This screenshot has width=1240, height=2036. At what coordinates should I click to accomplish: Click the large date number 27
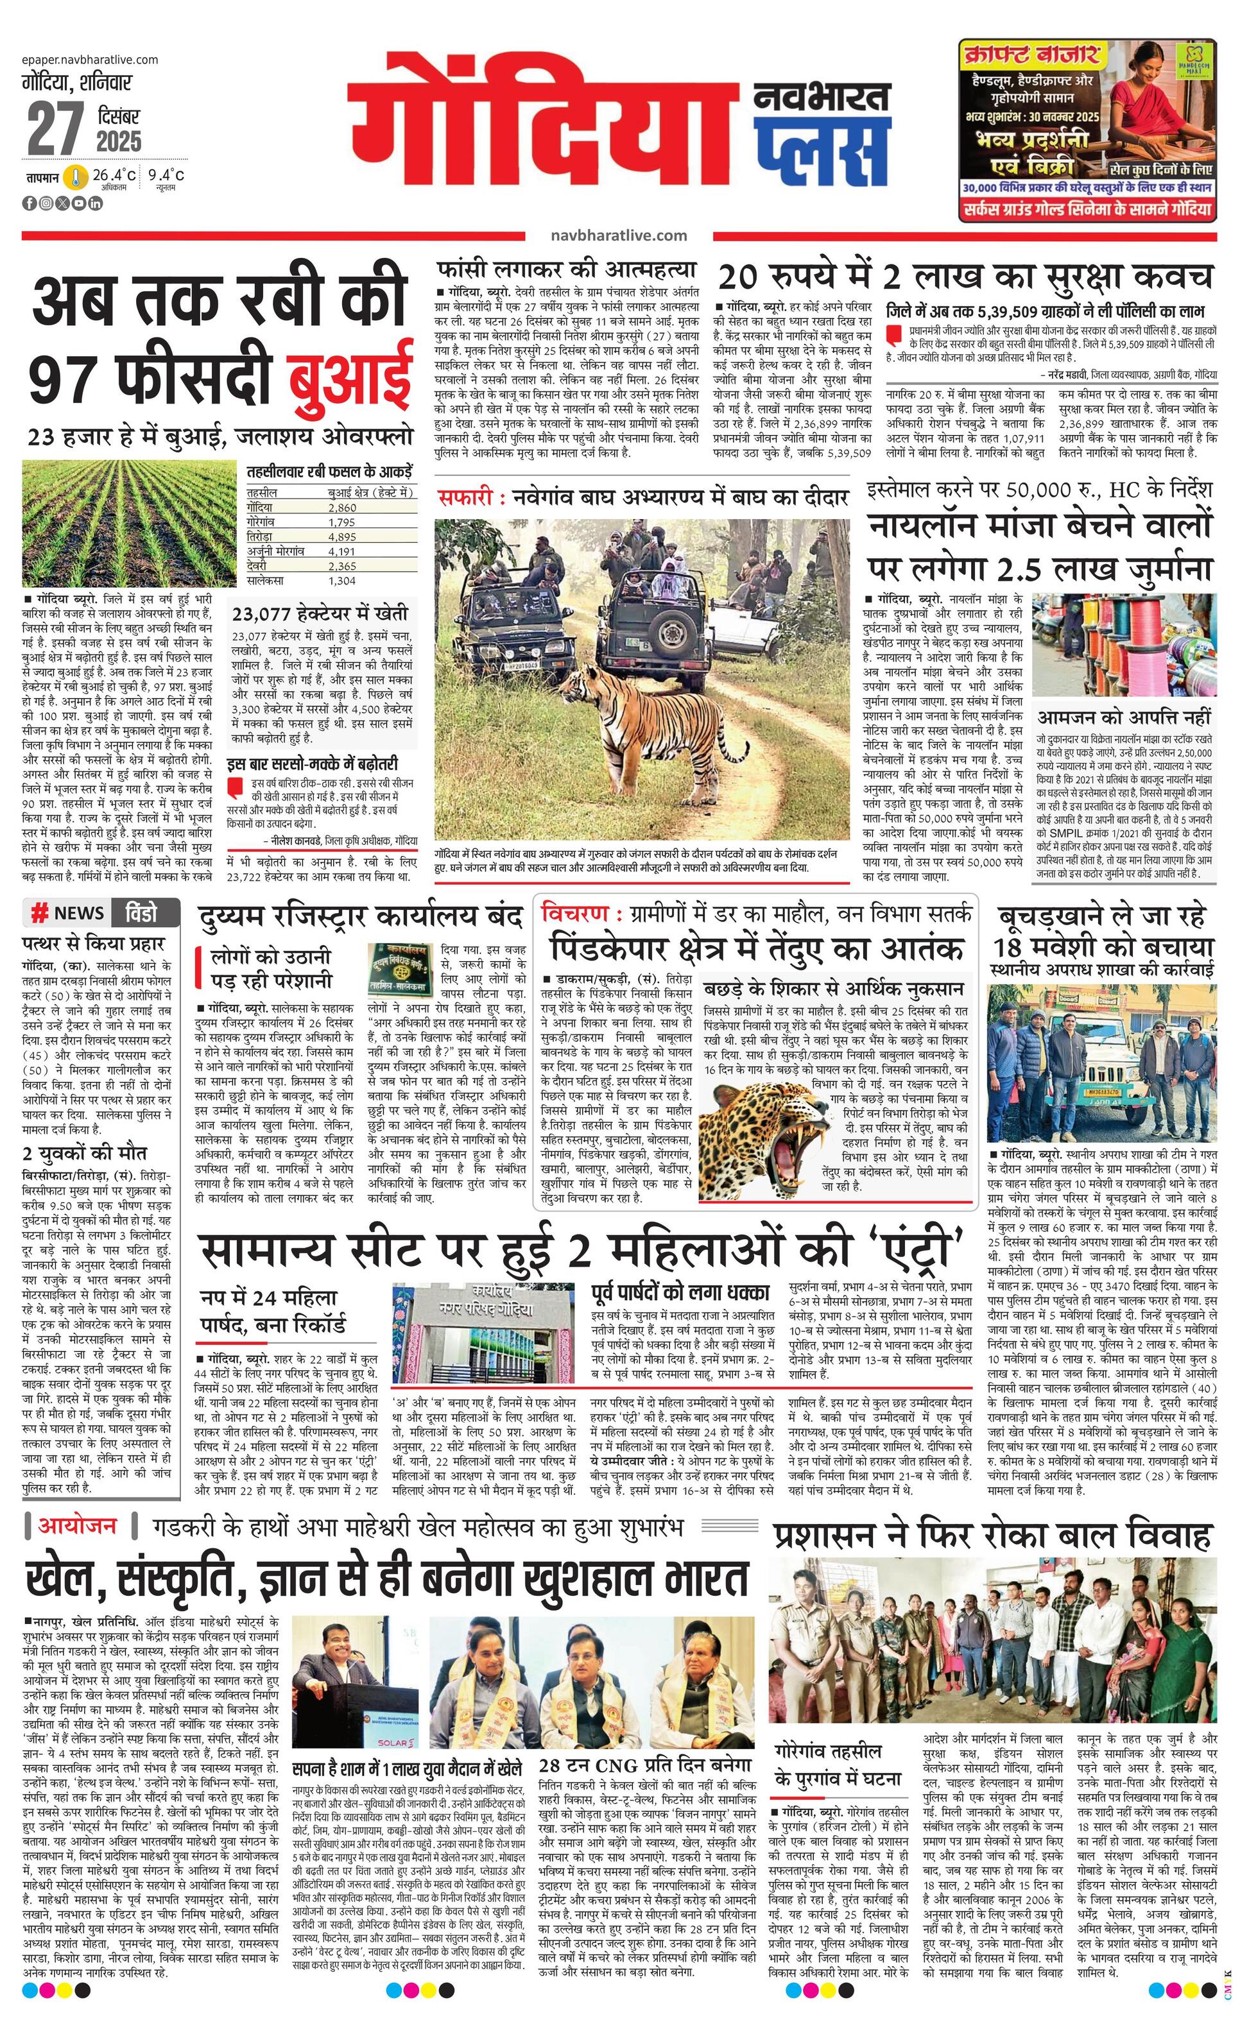pos(55,130)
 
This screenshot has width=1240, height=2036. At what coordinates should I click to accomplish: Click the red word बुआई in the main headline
pos(350,379)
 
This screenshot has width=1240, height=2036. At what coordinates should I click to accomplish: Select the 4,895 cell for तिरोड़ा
pos(342,535)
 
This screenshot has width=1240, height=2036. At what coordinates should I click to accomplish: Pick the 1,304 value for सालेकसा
pos(341,580)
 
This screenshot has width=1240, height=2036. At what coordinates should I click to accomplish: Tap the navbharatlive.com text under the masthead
pos(618,235)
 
